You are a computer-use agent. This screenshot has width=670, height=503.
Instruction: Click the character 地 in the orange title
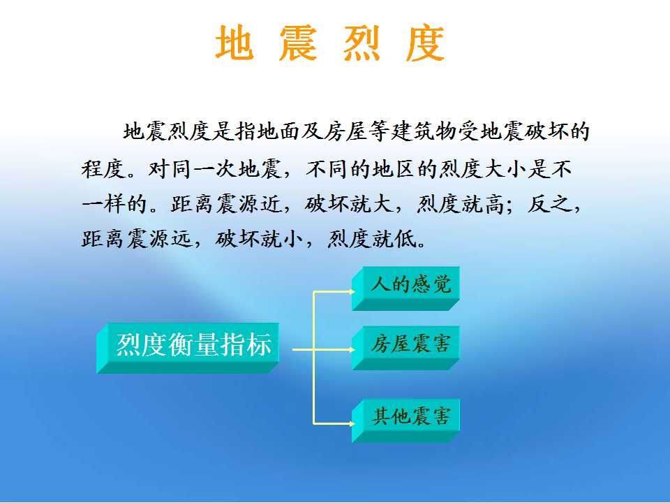tap(234, 43)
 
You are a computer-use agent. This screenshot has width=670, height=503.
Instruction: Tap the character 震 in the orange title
tap(298, 43)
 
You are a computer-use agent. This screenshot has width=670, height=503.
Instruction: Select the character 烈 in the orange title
tap(362, 43)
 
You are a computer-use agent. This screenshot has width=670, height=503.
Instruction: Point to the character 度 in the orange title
tap(426, 43)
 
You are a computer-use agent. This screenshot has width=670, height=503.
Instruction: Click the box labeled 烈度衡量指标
tap(188, 348)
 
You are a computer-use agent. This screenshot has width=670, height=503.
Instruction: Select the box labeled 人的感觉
tap(405, 288)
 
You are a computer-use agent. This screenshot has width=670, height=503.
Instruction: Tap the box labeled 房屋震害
tap(405, 348)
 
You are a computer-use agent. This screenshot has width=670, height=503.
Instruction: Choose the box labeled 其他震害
tap(405, 420)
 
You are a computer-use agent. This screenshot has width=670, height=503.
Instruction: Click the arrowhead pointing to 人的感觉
tap(351, 292)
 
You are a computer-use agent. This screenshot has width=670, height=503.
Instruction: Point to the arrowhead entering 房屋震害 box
tap(351, 349)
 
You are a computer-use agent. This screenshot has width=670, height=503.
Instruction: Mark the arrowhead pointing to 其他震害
tap(351, 424)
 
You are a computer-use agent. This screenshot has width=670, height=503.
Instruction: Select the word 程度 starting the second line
tap(103, 168)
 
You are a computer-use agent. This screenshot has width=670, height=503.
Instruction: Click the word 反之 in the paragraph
tap(549, 204)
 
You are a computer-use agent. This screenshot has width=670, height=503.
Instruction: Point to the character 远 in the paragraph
tap(182, 239)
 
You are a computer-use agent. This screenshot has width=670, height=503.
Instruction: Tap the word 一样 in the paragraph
tap(103, 204)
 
